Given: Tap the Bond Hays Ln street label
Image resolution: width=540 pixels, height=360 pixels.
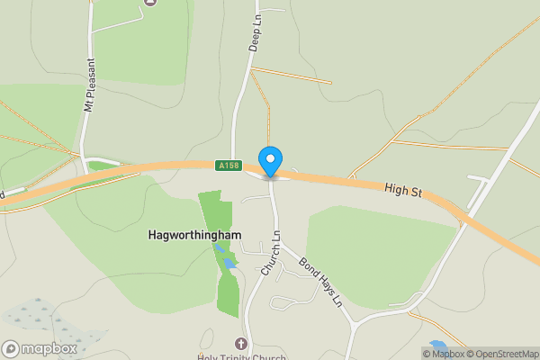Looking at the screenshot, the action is click(x=320, y=283).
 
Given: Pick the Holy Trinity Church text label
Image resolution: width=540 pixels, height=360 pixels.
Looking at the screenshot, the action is click(x=241, y=356).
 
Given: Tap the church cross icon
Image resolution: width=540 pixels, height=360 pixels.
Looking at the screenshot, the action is click(x=240, y=343).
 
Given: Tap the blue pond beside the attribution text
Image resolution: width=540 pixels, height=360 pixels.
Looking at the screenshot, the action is click(x=438, y=344).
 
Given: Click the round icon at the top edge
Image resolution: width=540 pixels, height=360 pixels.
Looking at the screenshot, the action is click(x=149, y=3).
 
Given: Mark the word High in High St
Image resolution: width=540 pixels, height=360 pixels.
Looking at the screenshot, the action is click(x=394, y=187).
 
